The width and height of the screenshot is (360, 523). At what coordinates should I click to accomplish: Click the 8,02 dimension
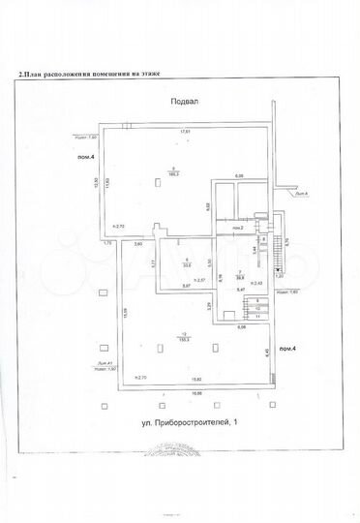click(207, 206)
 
